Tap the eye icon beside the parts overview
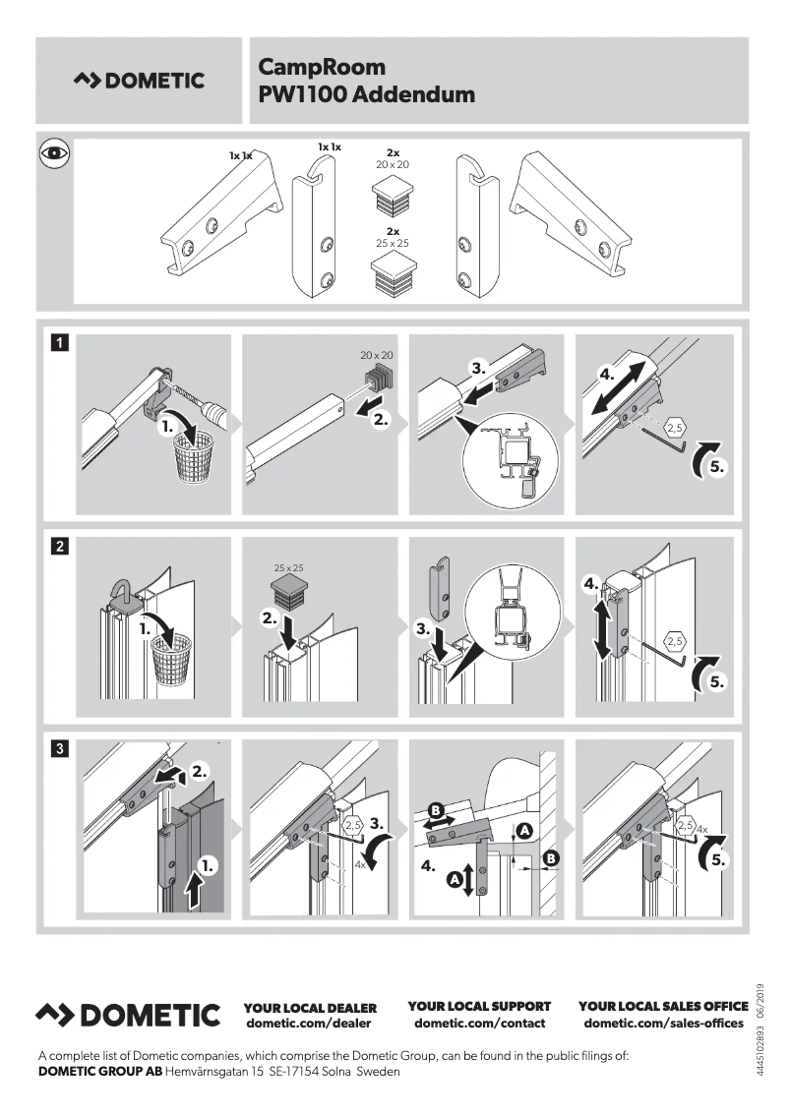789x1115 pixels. point(53,153)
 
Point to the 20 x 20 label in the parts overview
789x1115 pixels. point(392,164)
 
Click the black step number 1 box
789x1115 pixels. point(60,343)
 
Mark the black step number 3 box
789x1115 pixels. point(60,748)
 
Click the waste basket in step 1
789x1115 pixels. point(201,455)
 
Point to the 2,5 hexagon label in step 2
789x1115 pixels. point(675,641)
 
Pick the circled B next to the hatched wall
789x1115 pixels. point(551,858)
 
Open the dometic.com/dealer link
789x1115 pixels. point(309,1024)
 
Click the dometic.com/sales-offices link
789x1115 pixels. point(663,1024)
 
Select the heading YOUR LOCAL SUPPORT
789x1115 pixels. point(479,1006)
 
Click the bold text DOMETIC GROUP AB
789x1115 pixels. point(99,1071)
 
